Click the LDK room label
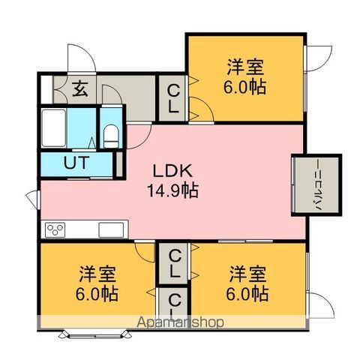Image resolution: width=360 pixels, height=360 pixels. pyautogui.click(x=172, y=171)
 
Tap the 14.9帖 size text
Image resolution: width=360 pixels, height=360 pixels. pyautogui.click(x=173, y=190)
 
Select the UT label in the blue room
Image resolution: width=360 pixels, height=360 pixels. pyautogui.click(x=76, y=163)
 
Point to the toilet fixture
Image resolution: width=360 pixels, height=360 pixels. pyautogui.click(x=111, y=136)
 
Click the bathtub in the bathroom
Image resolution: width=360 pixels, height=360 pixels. pyautogui.click(x=54, y=127)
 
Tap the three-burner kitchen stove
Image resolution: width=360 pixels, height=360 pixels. pyautogui.click(x=55, y=229)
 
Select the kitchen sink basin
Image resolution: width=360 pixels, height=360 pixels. pyautogui.click(x=111, y=229)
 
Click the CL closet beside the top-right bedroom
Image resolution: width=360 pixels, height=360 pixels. pyautogui.click(x=173, y=98)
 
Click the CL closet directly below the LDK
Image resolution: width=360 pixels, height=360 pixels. pyautogui.click(x=174, y=263)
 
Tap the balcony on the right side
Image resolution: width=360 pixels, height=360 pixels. pyautogui.click(x=316, y=185)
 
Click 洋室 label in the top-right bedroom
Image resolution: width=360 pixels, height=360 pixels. pyautogui.click(x=245, y=67)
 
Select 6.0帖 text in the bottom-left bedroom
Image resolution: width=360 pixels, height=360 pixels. pyautogui.click(x=97, y=294)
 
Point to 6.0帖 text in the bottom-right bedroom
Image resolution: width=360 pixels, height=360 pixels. pyautogui.click(x=247, y=294)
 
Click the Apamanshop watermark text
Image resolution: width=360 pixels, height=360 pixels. pyautogui.click(x=180, y=322)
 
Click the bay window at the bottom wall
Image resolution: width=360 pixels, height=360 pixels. pyautogui.click(x=96, y=334)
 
